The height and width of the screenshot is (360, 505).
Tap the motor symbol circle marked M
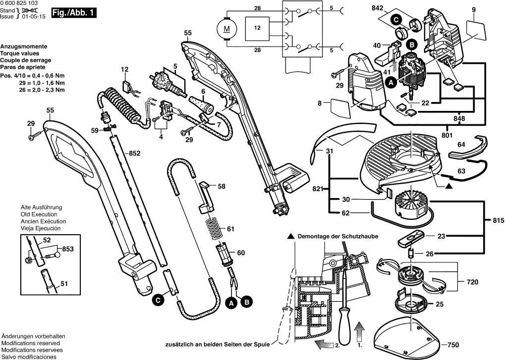tap(226, 28)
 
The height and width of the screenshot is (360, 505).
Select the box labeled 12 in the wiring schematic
tap(257, 29)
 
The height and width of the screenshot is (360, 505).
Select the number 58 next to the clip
tap(222, 186)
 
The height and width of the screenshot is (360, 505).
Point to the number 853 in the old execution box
tap(66, 249)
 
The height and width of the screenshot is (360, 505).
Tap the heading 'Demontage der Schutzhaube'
tap(336, 237)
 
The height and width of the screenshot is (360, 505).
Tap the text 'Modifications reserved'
tap(31, 343)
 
